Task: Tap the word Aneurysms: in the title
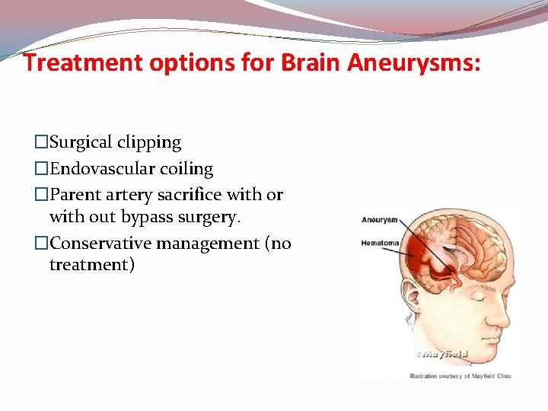414,63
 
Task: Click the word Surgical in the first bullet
82,142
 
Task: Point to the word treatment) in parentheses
92,265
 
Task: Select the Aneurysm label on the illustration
380,220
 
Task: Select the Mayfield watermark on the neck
441,354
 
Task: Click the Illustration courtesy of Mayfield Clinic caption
460,375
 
